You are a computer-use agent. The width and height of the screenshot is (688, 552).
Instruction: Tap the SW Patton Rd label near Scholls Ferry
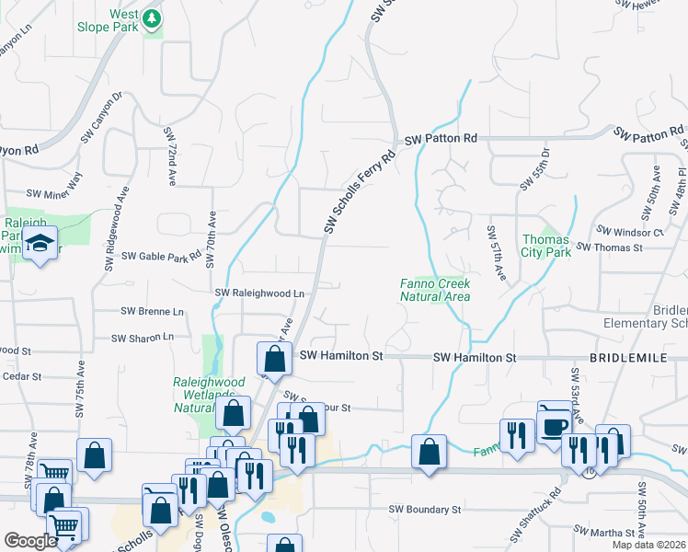click(x=441, y=139)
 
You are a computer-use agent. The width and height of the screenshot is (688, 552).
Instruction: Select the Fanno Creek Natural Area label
click(x=435, y=290)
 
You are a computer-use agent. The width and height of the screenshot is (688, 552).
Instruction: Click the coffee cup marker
click(x=555, y=426)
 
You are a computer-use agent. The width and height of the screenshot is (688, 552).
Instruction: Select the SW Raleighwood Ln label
click(x=259, y=293)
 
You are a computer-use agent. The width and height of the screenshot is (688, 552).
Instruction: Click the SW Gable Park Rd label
click(x=162, y=256)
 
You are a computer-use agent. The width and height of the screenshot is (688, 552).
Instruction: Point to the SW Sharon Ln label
click(x=142, y=338)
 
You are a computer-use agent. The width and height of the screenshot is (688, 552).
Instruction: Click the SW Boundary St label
click(x=424, y=509)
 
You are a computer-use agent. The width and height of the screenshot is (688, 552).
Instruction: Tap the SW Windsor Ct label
click(x=630, y=232)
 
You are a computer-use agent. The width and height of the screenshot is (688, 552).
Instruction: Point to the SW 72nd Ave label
click(x=170, y=157)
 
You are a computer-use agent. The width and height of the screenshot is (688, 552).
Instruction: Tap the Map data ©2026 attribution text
click(x=648, y=545)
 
